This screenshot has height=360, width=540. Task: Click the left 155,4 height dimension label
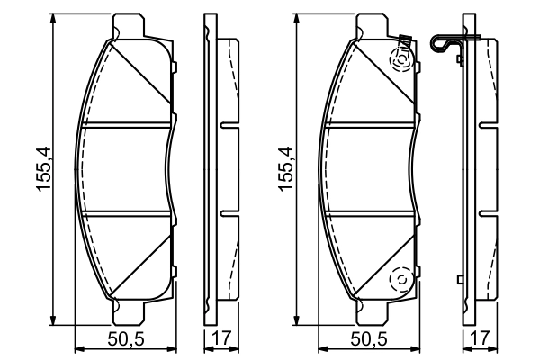point(39,167)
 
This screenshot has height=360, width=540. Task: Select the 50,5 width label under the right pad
point(369,339)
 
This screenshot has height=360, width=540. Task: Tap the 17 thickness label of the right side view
point(480,339)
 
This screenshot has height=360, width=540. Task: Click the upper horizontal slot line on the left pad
point(125,125)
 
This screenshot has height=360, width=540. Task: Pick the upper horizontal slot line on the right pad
point(370,125)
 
